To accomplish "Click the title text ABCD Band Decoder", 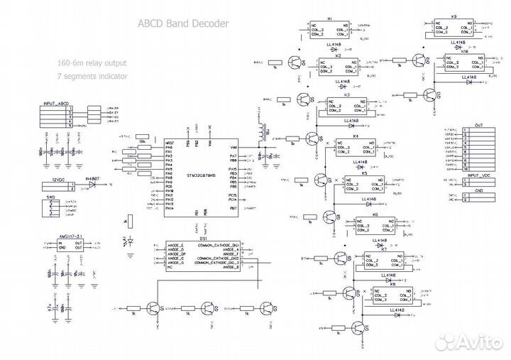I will point(183,24).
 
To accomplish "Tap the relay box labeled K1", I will point(329,30).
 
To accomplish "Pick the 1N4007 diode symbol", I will point(92,184).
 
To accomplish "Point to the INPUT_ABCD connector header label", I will point(56,103).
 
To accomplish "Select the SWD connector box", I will point(52,207).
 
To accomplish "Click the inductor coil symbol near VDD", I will point(268,133).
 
